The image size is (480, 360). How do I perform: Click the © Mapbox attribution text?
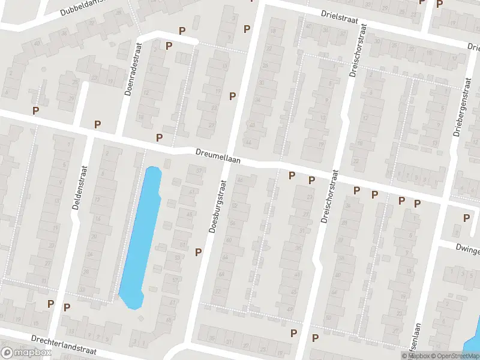(x=416, y=356)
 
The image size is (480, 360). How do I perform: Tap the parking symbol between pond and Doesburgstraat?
(x=198, y=251)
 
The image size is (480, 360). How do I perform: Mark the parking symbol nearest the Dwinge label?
(x=466, y=218)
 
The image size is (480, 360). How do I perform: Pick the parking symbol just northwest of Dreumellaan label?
(x=159, y=137)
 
